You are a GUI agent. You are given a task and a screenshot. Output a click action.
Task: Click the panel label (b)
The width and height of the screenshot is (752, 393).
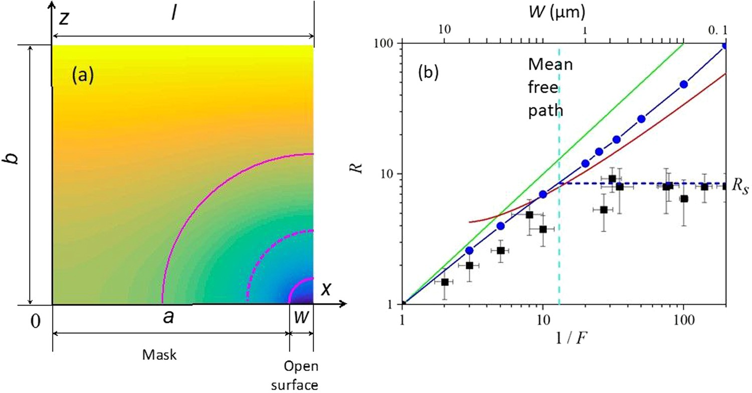[x=429, y=73]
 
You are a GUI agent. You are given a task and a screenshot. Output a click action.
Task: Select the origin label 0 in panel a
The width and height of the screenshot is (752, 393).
[x=34, y=322]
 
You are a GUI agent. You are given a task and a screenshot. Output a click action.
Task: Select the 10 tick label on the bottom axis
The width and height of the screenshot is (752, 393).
[x=542, y=320]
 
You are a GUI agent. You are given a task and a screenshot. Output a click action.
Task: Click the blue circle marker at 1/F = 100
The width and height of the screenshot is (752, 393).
[x=683, y=84]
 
